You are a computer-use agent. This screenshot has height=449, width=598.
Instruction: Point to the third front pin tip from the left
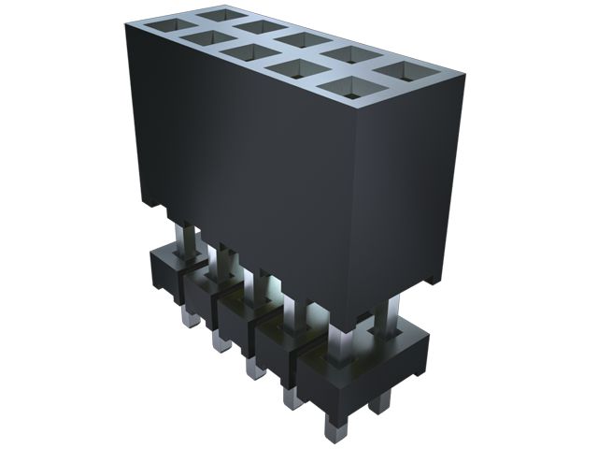[x=251, y=369]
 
